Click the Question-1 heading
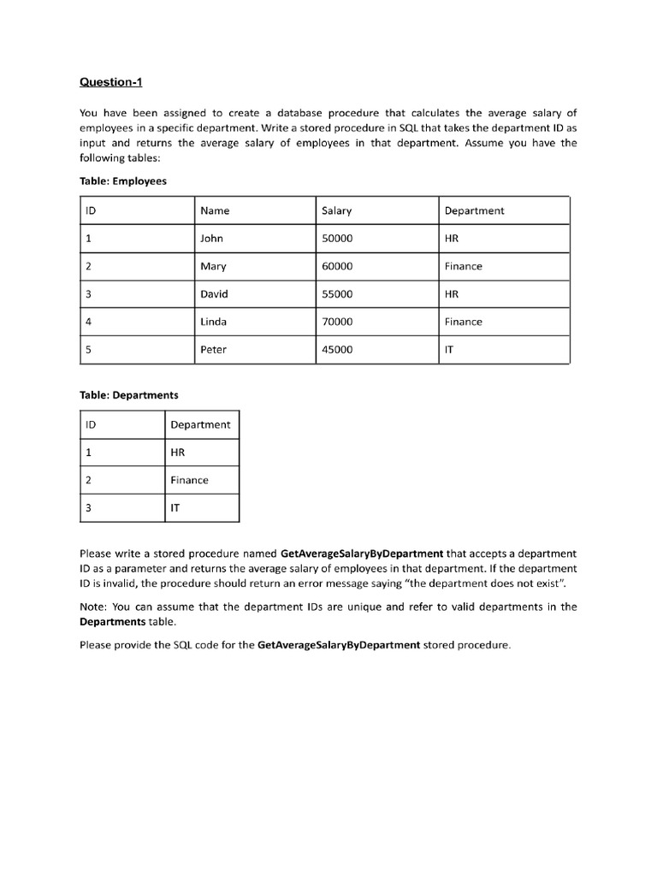[x=110, y=82]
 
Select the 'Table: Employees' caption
[x=122, y=181]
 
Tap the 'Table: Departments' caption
[x=128, y=395]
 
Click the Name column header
[x=215, y=210]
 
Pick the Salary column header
[x=336, y=210]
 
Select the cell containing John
[x=211, y=239]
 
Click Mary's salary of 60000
[x=337, y=266]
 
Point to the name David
[x=214, y=294]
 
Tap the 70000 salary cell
[x=337, y=322]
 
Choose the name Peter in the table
[x=213, y=349]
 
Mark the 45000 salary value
[x=337, y=349]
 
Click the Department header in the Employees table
[x=474, y=210]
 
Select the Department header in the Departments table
[x=200, y=424]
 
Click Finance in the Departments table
[x=189, y=480]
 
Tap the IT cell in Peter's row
[x=449, y=349]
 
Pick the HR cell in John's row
[x=452, y=239]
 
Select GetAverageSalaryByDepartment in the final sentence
[x=339, y=645]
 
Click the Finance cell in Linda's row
[x=463, y=322]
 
